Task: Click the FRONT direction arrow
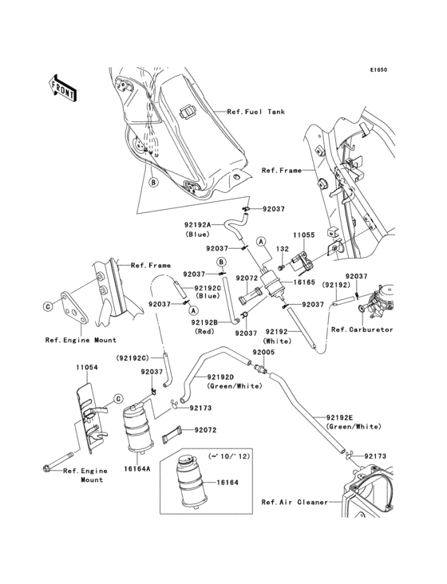point(63,89)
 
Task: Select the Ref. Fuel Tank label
point(256,112)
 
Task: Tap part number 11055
point(303,235)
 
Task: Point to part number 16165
point(304,282)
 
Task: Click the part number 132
point(283,249)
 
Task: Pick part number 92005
point(263,352)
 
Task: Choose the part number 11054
point(87,367)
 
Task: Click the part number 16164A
point(137,469)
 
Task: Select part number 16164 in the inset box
point(227,483)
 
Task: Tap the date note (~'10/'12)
point(235,456)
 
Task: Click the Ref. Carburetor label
point(362,329)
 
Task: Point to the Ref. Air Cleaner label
point(295,502)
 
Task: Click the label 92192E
point(339,417)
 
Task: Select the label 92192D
point(220,377)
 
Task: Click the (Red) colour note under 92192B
point(204,331)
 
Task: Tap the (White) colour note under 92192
point(277,341)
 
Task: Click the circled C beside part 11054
point(117,399)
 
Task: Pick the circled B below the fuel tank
point(153,183)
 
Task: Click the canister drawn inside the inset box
point(190,481)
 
